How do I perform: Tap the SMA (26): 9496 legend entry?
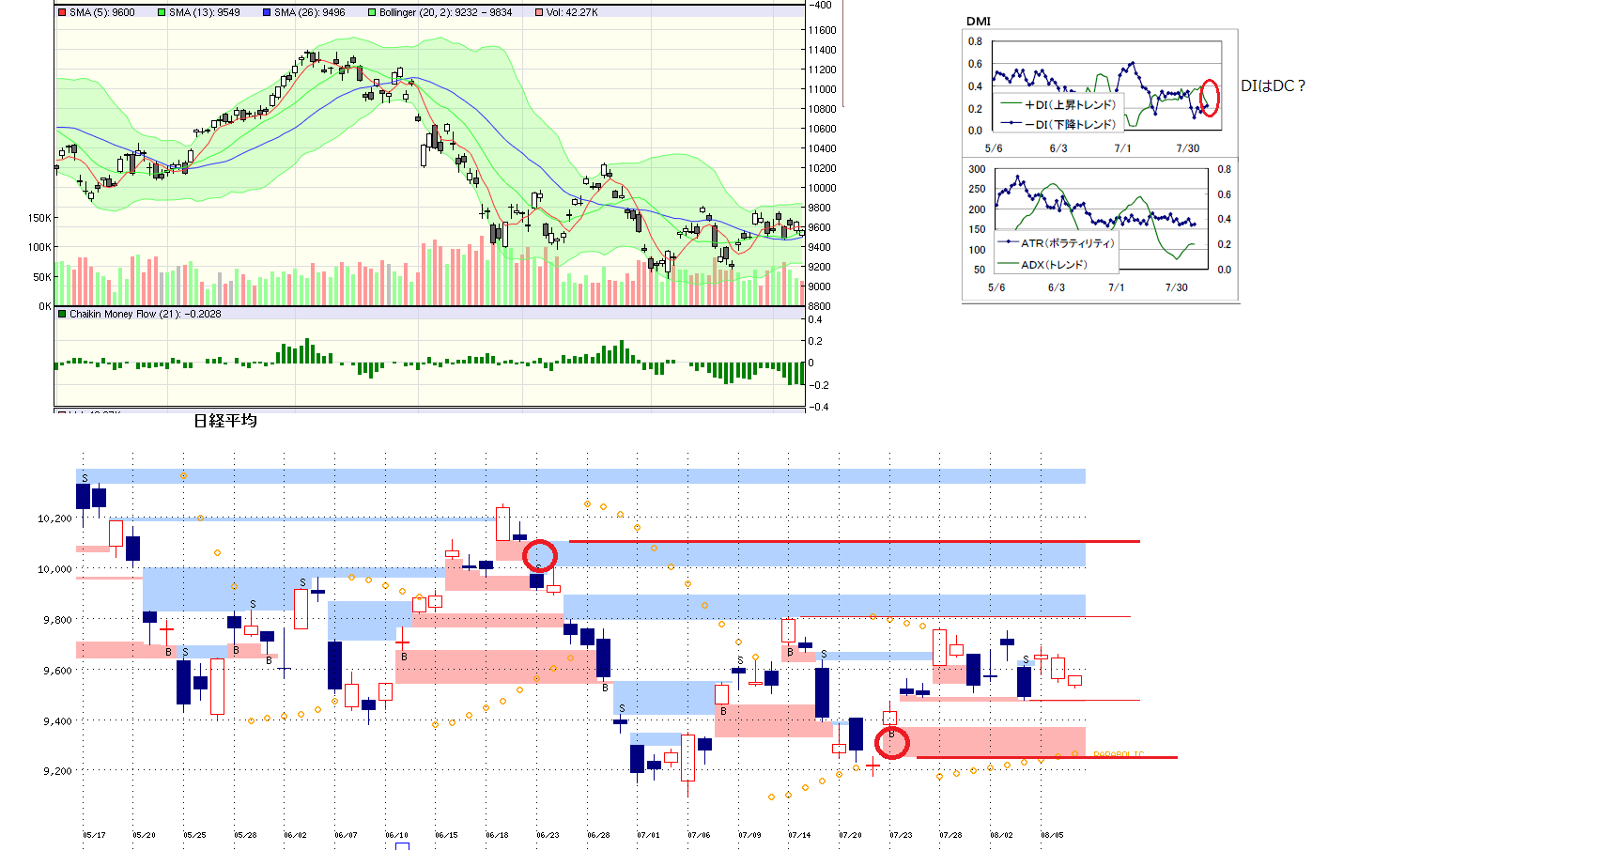309,12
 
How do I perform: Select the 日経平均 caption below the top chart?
225,420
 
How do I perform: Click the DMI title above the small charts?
979,21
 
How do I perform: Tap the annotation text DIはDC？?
1274,85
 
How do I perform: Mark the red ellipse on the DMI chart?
1211,98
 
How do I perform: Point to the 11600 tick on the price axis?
822,30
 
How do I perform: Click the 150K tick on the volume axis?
39,218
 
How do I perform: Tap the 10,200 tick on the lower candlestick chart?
54,518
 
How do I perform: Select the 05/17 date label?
94,835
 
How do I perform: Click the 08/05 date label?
1052,835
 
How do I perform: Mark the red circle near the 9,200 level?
892,743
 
